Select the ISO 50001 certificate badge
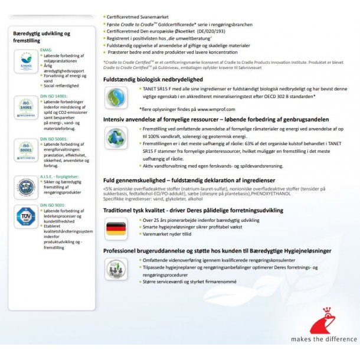pos(26,149)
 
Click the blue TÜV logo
pos(26,217)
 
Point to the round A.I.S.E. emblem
pos(26,185)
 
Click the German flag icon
pos(115,227)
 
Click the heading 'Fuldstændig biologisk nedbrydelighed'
pos(153,79)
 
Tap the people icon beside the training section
pos(115,269)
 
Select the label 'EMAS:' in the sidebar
pos(46,50)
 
